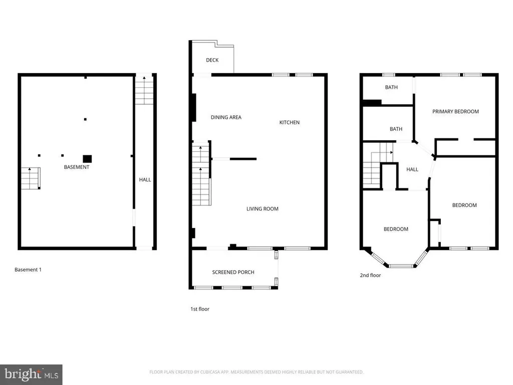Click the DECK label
[x=212, y=60]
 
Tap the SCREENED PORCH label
[x=233, y=272]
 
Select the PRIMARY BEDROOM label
[x=455, y=111]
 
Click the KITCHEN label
[x=289, y=122]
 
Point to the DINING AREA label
[x=226, y=117]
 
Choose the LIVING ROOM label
[x=263, y=209]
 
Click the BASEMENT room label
[x=76, y=167]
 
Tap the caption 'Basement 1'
[x=28, y=269]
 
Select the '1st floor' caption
[x=199, y=309]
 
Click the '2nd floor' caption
[x=370, y=275]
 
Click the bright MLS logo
[x=31, y=374]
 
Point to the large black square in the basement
[x=87, y=159]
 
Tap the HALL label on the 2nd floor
[x=412, y=169]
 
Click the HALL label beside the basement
[x=145, y=179]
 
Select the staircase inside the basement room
[x=31, y=178]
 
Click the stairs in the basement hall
[x=144, y=90]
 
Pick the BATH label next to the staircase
[x=396, y=129]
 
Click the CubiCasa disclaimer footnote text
[x=256, y=372]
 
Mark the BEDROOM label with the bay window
[x=396, y=229]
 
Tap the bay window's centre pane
[x=401, y=266]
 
